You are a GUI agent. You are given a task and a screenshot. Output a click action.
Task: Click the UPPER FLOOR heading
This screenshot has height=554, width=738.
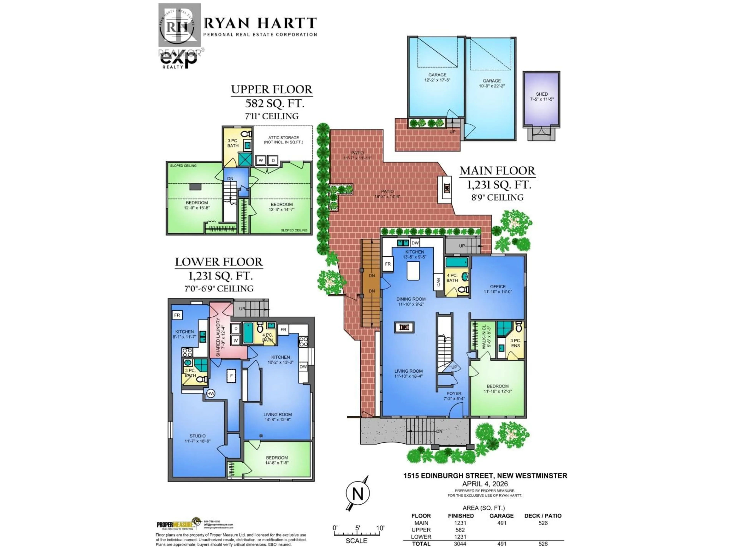point(272,89)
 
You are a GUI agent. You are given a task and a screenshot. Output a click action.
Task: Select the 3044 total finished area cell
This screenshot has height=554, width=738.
point(460,544)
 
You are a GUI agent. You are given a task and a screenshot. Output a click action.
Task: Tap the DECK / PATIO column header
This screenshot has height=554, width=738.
point(543,516)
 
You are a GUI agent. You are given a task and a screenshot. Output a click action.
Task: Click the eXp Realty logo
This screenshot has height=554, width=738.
point(179,60)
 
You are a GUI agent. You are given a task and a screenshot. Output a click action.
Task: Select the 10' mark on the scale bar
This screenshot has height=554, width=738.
point(380,528)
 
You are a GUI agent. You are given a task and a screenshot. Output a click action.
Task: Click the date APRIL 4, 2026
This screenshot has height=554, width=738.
point(485,484)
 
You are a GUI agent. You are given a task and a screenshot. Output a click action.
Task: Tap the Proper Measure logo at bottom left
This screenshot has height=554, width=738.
point(179,525)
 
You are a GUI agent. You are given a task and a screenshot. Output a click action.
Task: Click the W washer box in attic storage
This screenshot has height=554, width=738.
point(261,160)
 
